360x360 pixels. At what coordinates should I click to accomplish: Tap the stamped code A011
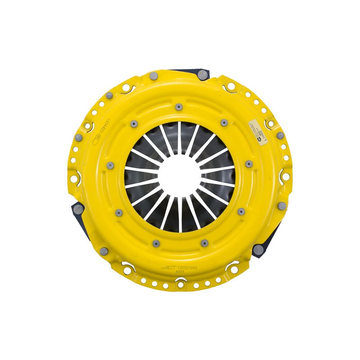coord(180,271)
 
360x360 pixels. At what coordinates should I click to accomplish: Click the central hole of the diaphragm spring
coord(180,176)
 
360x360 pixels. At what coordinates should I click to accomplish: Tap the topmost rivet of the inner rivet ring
coord(179,107)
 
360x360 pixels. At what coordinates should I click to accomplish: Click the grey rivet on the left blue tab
coord(78,208)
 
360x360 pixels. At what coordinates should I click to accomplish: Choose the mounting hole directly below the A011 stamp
coord(180,284)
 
